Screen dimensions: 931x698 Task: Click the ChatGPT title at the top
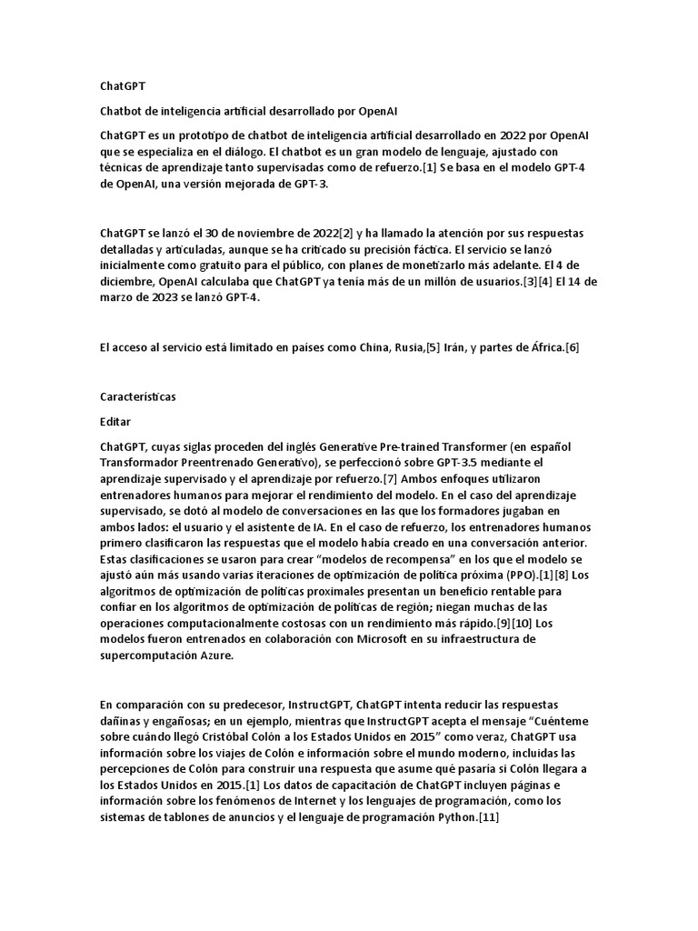[x=122, y=86]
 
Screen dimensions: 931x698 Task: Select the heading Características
[x=138, y=397]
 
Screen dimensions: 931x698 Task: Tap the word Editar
[x=115, y=422]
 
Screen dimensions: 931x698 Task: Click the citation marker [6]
[x=572, y=347]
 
